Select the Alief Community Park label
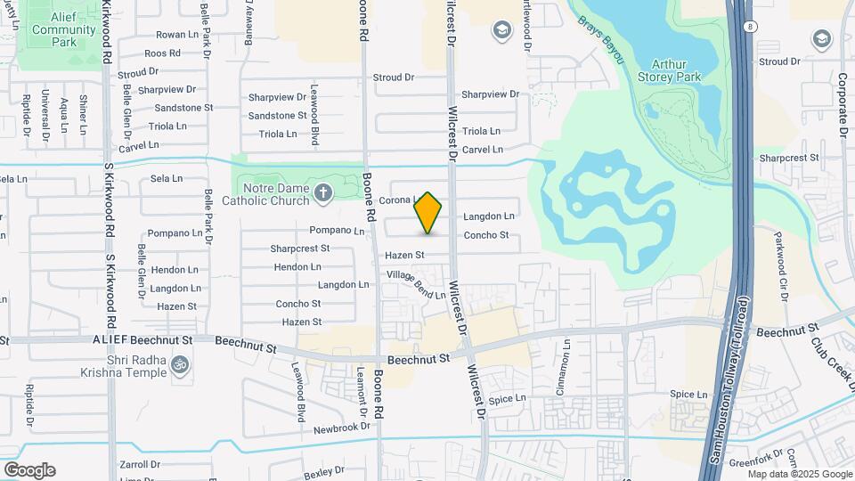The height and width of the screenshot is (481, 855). pyautogui.click(x=63, y=29)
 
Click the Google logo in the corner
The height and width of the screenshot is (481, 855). pyautogui.click(x=29, y=470)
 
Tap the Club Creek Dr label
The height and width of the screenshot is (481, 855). pyautogui.click(x=832, y=360)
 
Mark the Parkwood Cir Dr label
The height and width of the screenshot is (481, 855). pyautogui.click(x=781, y=257)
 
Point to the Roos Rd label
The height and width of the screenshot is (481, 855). pyautogui.click(x=162, y=53)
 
